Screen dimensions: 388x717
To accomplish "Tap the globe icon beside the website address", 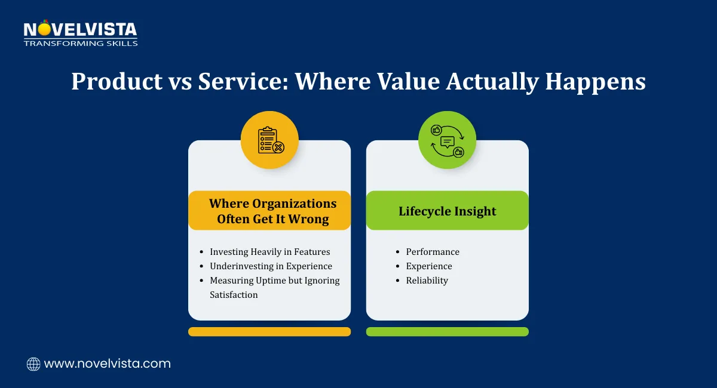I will click(x=33, y=364).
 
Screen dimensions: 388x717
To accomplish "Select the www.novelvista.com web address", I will click(x=108, y=364).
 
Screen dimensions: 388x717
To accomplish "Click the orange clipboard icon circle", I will click(x=269, y=140).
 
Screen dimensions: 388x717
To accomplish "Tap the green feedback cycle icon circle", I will click(x=447, y=140).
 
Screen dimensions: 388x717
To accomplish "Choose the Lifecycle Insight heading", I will click(x=447, y=211).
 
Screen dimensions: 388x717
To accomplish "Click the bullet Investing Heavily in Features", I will click(x=269, y=252).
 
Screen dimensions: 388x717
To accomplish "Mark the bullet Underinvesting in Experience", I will click(x=271, y=266).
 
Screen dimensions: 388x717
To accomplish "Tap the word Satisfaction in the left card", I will click(x=234, y=295).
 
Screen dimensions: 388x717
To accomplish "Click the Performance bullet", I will click(x=433, y=252).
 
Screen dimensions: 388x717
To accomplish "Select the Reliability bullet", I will click(x=427, y=281).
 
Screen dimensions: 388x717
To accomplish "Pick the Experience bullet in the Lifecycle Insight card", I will click(x=429, y=266).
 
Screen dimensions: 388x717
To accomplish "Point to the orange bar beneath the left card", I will click(x=269, y=331).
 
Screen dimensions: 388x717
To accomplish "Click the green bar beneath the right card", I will click(x=447, y=331).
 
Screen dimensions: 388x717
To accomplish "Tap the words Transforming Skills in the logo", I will click(x=81, y=43).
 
